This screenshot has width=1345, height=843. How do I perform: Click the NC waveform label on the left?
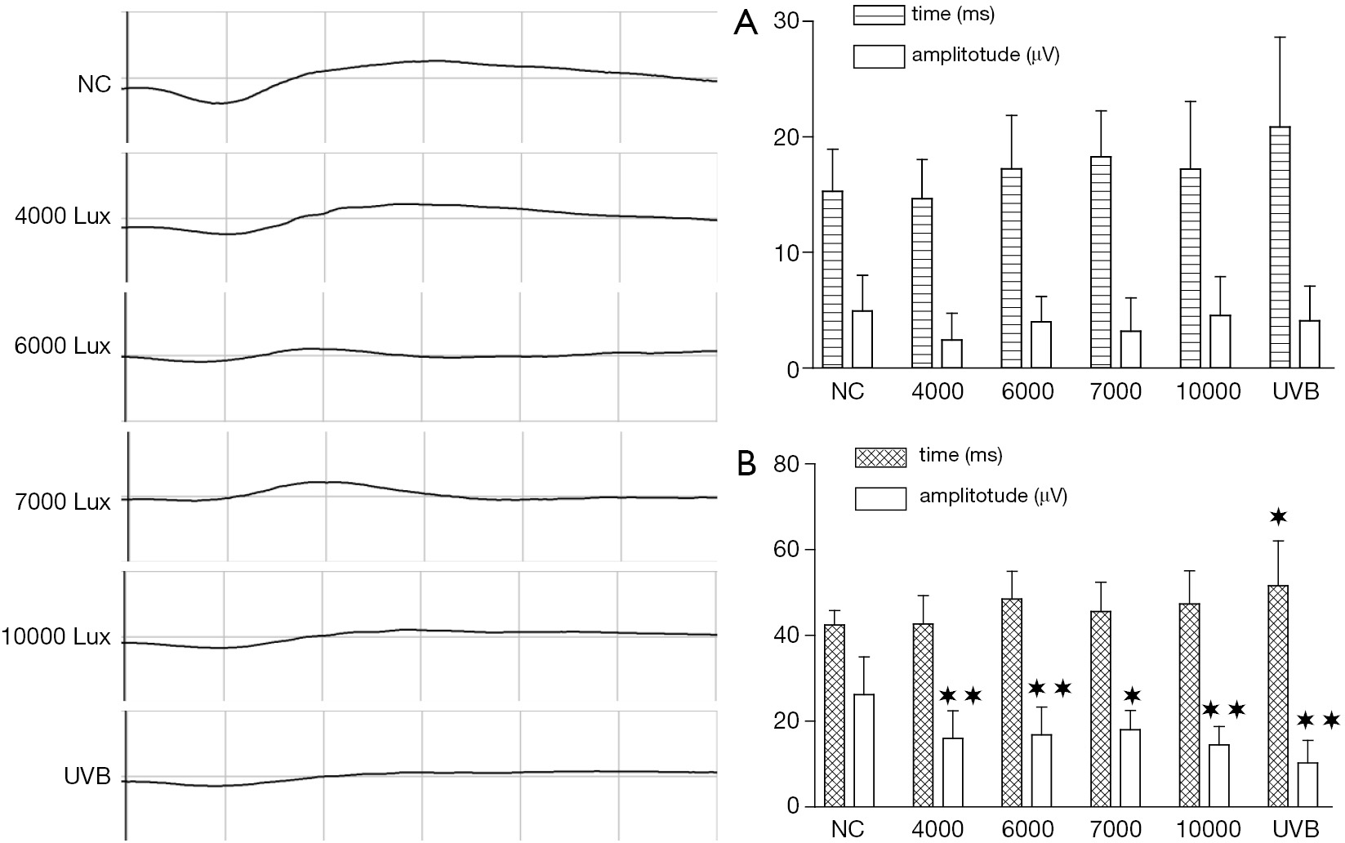click(95, 85)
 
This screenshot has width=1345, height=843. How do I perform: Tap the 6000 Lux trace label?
click(63, 346)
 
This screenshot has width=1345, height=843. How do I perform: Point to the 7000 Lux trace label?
click(63, 502)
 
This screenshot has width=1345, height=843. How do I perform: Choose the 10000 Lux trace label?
click(56, 636)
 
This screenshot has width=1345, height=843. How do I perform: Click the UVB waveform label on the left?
click(87, 777)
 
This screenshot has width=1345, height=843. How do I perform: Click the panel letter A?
click(746, 24)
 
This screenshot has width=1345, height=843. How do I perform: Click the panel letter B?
click(746, 465)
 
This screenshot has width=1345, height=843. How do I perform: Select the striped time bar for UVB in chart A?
click(1280, 248)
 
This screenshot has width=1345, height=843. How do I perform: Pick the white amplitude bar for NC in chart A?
click(862, 339)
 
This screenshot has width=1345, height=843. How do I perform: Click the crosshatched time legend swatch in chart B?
click(880, 457)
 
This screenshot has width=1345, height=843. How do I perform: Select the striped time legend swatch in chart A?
click(879, 15)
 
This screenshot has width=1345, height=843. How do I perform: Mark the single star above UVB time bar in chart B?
click(1278, 515)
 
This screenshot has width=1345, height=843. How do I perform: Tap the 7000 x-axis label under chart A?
click(1116, 391)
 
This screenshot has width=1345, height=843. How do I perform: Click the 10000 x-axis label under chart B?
click(1208, 830)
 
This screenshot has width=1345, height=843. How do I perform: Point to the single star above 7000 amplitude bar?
click(1132, 696)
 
